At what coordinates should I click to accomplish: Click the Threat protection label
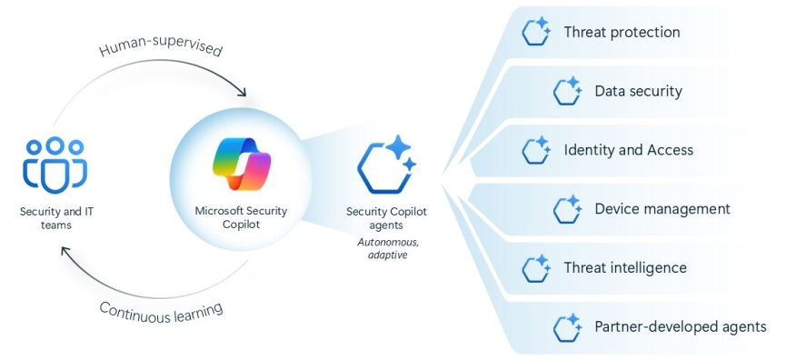click(622, 32)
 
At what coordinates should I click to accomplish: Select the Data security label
click(638, 91)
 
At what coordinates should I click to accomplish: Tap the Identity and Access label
click(629, 150)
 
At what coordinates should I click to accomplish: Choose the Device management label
click(662, 208)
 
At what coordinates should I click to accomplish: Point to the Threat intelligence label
click(625, 267)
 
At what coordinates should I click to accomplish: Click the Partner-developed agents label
click(681, 326)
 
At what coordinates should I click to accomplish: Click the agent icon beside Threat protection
click(536, 32)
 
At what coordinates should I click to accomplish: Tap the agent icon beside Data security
click(567, 91)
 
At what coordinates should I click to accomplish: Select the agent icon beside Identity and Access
click(536, 150)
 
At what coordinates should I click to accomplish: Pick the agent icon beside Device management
click(567, 208)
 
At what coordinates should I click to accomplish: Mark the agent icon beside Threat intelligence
click(536, 268)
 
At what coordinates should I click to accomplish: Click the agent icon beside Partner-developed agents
click(567, 326)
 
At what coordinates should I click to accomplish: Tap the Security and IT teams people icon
click(55, 165)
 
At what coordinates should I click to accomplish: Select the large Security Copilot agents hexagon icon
click(386, 165)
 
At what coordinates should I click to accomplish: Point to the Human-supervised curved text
click(161, 51)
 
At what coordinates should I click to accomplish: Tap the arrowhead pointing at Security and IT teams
click(66, 251)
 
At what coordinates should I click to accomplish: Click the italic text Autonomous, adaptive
click(386, 248)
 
